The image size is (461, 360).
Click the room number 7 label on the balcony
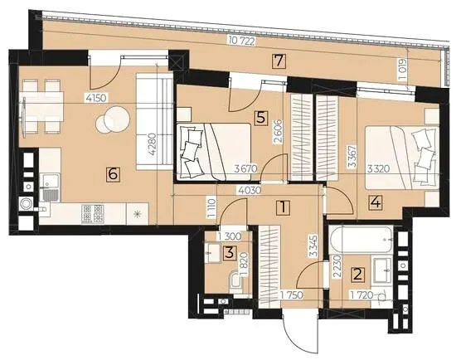click(x=279, y=61)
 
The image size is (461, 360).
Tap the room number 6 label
click(x=114, y=174)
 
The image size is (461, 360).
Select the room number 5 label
click(x=261, y=119)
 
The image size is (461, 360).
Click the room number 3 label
click(x=230, y=253)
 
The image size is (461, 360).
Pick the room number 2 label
click(x=358, y=274)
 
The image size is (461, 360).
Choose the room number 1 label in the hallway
click(x=283, y=207)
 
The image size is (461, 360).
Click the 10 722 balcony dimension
click(x=240, y=41)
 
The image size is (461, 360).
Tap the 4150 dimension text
click(x=96, y=98)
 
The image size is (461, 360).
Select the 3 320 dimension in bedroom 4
click(x=379, y=169)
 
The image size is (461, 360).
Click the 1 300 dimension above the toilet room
click(x=230, y=236)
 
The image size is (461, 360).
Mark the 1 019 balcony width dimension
click(x=403, y=70)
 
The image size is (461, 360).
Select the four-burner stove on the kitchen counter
click(x=93, y=213)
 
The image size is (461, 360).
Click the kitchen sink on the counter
click(x=50, y=187)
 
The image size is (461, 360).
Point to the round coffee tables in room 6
click(x=113, y=119)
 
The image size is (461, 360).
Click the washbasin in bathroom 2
click(x=382, y=270)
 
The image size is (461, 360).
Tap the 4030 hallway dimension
click(x=250, y=191)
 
